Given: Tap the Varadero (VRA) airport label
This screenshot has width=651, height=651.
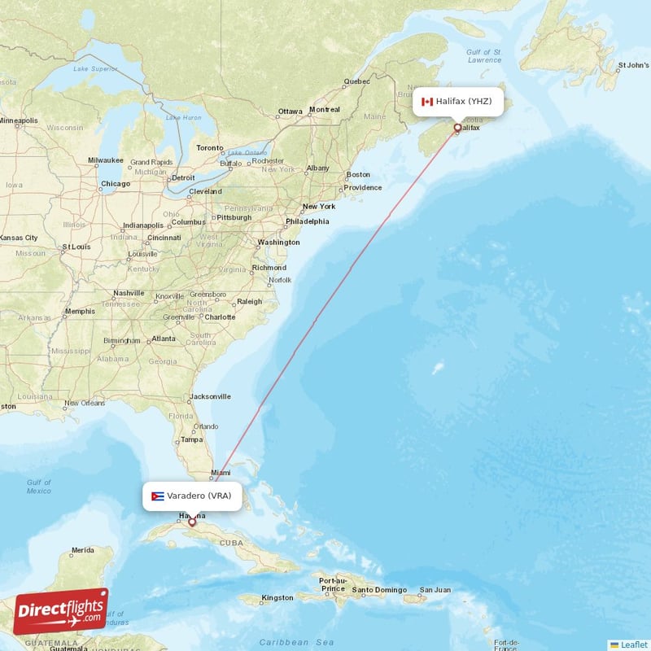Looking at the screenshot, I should click(201, 496).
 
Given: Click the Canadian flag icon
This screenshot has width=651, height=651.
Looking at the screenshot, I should click(426, 102).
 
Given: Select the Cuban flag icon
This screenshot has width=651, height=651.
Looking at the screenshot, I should click(158, 496).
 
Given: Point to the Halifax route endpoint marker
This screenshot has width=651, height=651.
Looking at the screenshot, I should click(457, 128).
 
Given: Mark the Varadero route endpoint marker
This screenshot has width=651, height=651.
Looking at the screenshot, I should click(192, 522).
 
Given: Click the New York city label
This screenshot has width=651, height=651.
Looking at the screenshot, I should click(319, 207).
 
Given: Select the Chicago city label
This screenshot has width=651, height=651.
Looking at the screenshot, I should click(115, 184).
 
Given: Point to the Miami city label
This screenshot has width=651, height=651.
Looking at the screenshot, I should click(221, 473).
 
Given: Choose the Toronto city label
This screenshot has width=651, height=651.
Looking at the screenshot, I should click(209, 148).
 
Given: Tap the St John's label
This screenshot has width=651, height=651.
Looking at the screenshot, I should click(633, 64).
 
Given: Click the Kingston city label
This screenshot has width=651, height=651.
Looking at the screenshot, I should click(277, 598).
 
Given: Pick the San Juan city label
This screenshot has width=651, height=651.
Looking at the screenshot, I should click(435, 590).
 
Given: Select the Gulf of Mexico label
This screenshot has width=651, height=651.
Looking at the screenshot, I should click(38, 487).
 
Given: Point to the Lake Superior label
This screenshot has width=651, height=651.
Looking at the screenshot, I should click(91, 68).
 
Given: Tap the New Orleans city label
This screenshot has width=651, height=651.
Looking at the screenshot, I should click(85, 403).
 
